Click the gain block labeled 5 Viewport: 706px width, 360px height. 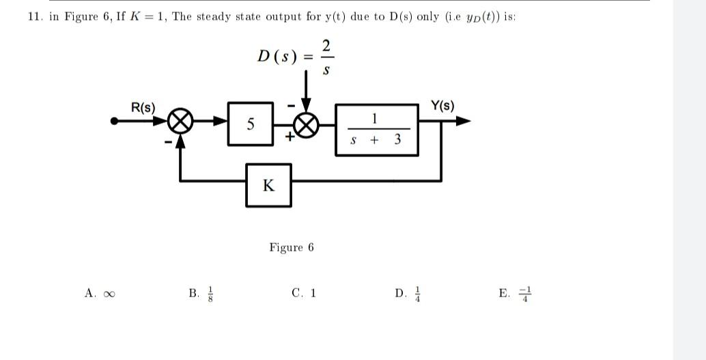[251, 124]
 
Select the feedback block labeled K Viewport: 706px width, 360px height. [269, 184]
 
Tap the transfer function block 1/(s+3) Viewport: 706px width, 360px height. [376, 130]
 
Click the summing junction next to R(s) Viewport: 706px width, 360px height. [180, 122]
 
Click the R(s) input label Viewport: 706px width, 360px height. [143, 108]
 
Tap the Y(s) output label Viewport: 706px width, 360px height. [442, 106]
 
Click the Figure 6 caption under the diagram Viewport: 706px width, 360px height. [292, 247]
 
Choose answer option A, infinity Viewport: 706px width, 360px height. [100, 294]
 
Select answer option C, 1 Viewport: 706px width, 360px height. [304, 294]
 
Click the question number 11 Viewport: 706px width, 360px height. [35, 17]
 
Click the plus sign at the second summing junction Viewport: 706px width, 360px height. [290, 137]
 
